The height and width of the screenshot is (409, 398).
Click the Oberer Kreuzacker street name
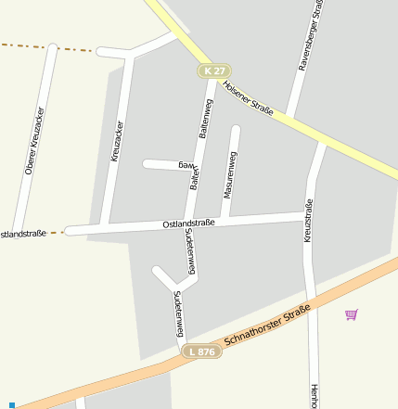(35, 141)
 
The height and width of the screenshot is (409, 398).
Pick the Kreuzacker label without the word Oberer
(117, 141)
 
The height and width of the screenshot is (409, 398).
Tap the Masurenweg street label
(230, 174)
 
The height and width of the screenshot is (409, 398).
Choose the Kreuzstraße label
(308, 221)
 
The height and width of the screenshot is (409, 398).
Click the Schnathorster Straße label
(265, 329)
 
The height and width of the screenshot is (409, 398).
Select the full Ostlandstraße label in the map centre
(188, 224)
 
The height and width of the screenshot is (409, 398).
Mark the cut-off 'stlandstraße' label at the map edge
(22, 234)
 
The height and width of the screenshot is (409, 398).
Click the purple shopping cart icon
(351, 315)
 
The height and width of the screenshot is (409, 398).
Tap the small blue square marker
(12, 404)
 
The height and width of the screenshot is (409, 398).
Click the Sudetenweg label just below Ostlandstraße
(190, 251)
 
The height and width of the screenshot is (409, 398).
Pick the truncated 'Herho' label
(315, 396)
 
